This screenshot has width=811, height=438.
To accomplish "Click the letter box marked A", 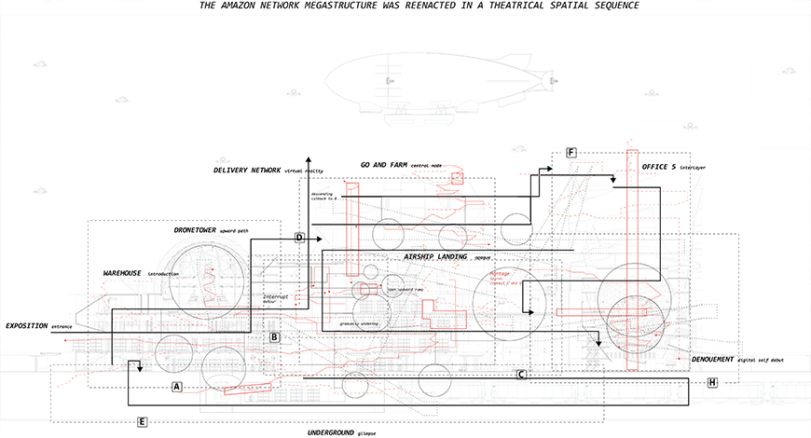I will tap(177, 385).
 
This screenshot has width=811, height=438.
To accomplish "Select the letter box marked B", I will tap(275, 336).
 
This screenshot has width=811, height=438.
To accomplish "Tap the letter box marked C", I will tap(522, 375).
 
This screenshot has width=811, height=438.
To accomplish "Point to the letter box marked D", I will tap(299, 238).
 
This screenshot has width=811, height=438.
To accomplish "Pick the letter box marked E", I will tap(142, 422).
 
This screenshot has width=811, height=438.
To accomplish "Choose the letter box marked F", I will tap(571, 152).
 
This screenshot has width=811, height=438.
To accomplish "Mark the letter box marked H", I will tap(713, 382).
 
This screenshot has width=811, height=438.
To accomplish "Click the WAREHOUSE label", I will tap(122, 273).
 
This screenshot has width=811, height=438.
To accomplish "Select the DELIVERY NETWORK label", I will tap(246, 171).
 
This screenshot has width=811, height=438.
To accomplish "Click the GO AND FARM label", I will tap(383, 165).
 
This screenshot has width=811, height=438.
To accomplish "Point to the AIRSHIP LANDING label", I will tap(436, 255).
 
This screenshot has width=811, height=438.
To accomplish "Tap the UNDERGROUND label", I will tap(331, 433).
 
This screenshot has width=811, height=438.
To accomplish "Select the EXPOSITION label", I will tap(26, 326).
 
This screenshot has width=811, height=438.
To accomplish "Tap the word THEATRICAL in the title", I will tap(506, 6).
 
